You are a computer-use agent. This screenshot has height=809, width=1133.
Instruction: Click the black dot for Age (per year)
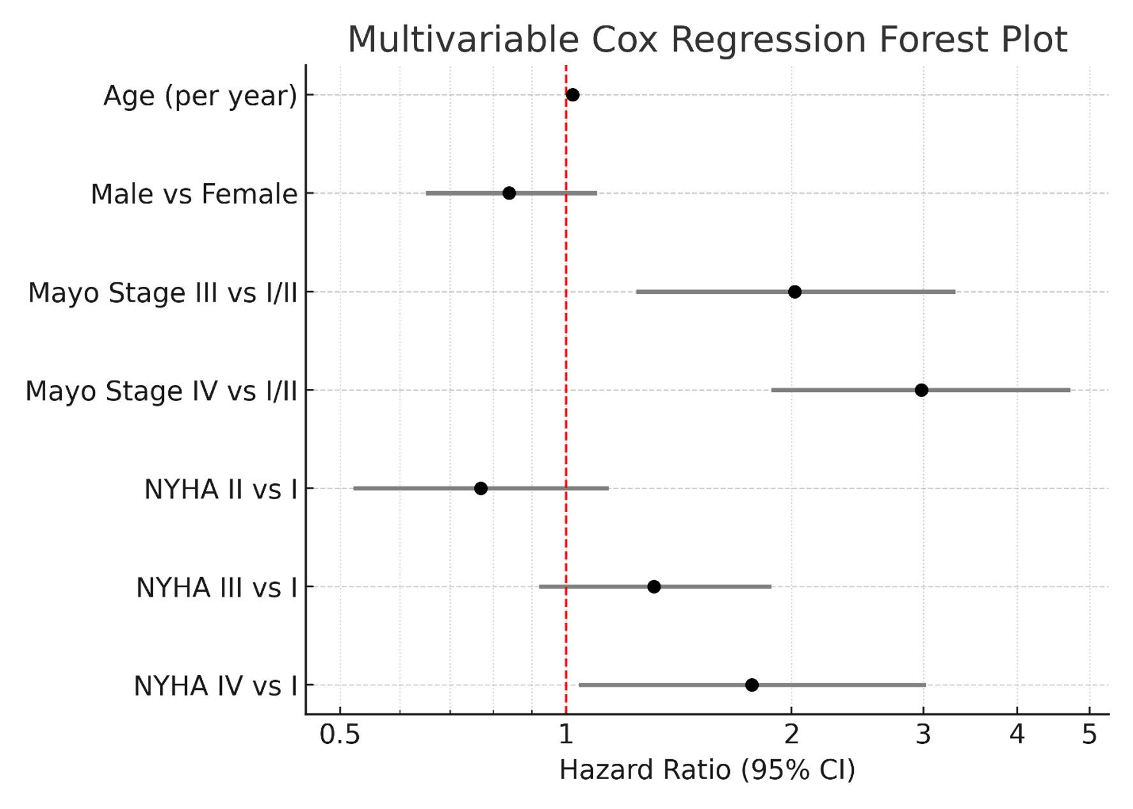[573, 95]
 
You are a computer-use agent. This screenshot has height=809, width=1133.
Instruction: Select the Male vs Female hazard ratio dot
[509, 193]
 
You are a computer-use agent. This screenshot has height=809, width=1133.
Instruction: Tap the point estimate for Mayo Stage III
[794, 292]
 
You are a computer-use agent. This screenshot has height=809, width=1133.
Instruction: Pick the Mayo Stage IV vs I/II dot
[921, 390]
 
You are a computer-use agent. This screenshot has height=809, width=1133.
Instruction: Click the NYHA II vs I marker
[481, 488]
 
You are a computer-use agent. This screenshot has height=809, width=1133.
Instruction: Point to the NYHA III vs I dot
[654, 587]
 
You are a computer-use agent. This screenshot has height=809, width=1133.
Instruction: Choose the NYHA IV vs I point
[752, 685]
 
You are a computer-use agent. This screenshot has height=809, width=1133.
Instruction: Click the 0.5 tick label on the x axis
[340, 735]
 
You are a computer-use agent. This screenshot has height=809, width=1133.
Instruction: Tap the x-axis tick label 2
[791, 735]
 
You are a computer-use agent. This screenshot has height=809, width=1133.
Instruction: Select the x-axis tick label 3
[923, 735]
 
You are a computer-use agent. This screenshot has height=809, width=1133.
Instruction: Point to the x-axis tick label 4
[1017, 735]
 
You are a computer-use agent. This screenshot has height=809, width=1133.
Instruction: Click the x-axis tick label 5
[1090, 735]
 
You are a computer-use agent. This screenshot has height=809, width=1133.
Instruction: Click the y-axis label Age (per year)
[200, 96]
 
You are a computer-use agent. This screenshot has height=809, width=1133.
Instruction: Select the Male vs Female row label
[194, 194]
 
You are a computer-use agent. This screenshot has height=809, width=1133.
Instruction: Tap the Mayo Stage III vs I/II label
[163, 293]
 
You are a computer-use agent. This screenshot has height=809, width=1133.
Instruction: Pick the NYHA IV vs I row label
[216, 687]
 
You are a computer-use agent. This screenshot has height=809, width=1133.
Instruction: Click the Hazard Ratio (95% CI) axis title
[707, 770]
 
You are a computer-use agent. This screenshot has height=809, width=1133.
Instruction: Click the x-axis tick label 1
[566, 735]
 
